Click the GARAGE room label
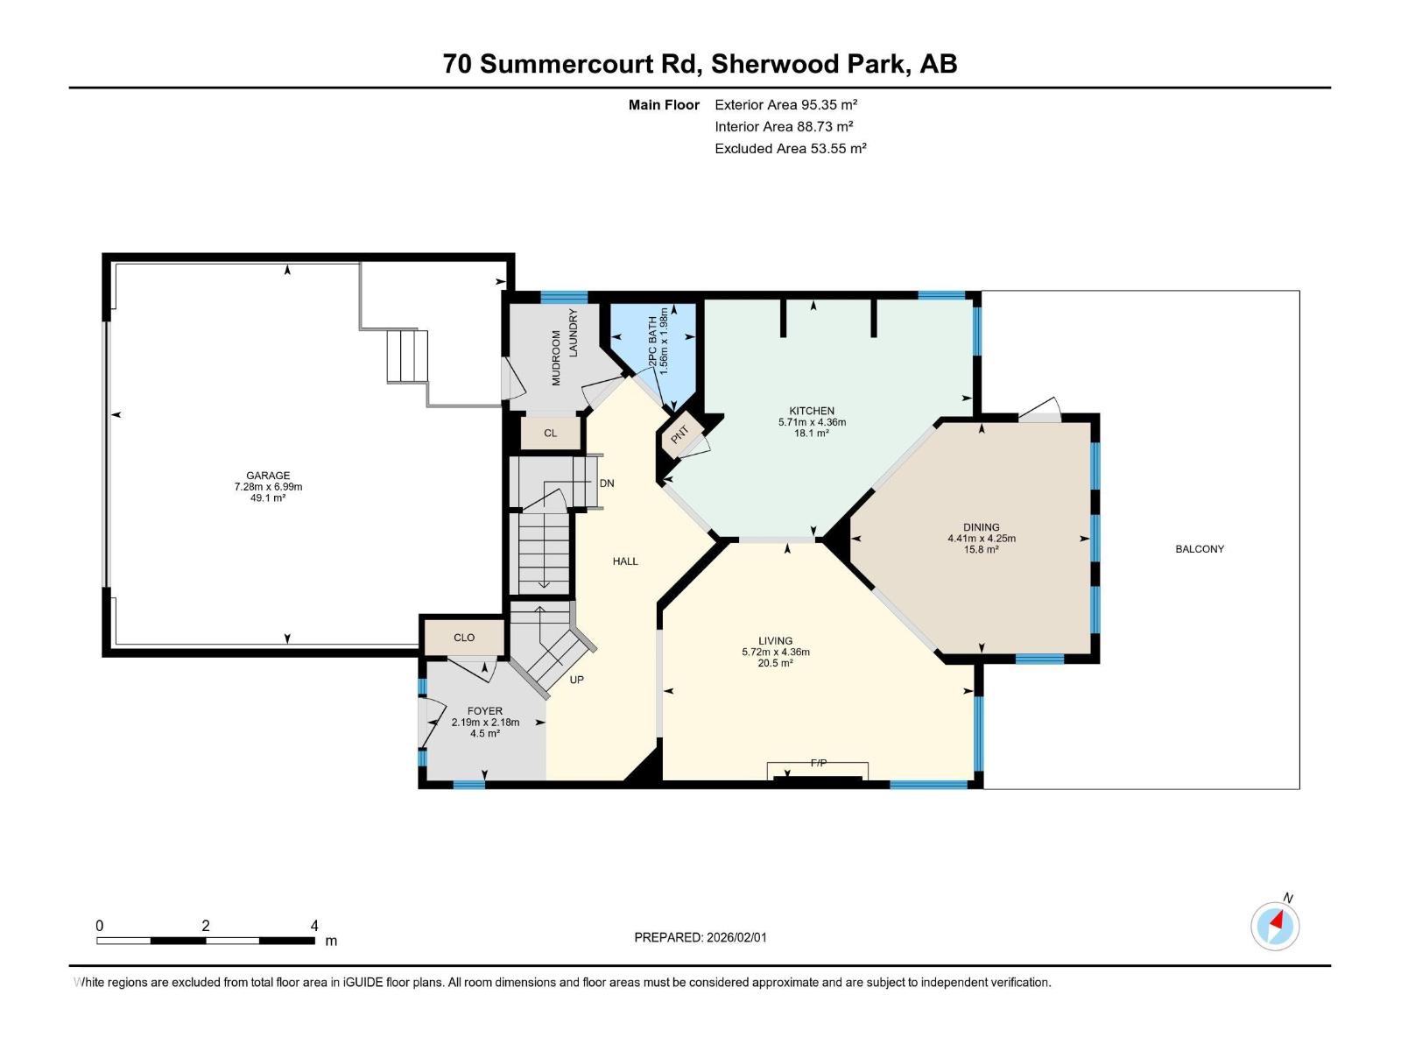coord(268,476)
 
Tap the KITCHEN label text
coord(812,411)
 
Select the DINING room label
coord(981,527)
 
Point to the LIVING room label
coord(775,641)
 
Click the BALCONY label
coord(1199,549)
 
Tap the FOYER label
coord(484,711)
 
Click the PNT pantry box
coord(680,434)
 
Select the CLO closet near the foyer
coord(464,638)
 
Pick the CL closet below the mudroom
coord(550,434)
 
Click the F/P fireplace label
coord(818,764)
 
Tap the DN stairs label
coord(607,483)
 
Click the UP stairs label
coord(576,680)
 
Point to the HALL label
coord(625,561)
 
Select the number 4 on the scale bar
coord(314,926)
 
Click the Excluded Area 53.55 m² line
coord(790,149)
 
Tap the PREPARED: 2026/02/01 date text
coord(700,937)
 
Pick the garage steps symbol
coord(407,356)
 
